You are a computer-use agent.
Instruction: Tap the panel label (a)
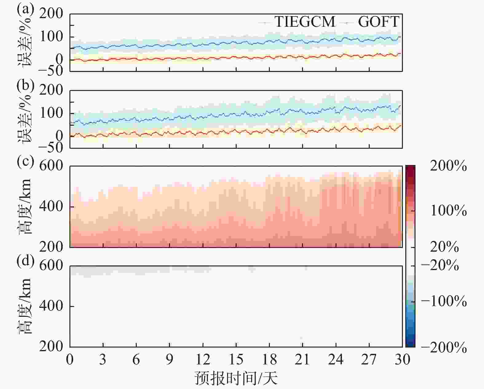pos(25,9)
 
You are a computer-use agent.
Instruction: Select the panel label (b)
pos(25,85)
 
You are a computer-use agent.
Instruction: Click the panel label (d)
pos(25,261)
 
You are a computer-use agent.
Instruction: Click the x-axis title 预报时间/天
pos(236,378)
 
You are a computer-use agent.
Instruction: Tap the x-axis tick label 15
pos(236,359)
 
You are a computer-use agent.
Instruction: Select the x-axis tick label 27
pos(369,359)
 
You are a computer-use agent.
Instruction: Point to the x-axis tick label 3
pos(103,359)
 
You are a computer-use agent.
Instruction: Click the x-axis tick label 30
pos(402,359)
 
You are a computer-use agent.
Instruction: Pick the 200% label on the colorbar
pos(448,166)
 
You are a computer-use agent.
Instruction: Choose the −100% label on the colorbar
pos(444,301)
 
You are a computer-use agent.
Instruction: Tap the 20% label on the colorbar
pos(444,247)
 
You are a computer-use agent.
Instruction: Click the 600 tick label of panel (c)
pos(51,166)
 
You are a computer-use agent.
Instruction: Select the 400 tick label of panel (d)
pos(51,306)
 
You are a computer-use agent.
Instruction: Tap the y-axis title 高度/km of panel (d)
pos(24,306)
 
